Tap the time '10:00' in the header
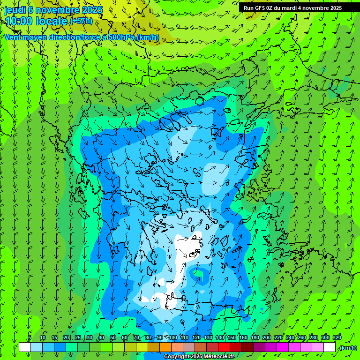19,21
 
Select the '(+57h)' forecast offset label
81,21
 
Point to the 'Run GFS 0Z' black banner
299,7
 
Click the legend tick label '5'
30,338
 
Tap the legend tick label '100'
173,338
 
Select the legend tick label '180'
255,338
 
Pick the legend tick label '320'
337,338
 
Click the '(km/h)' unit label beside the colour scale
347,348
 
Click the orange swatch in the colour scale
165,348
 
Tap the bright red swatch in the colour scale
224,348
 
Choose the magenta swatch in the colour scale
283,348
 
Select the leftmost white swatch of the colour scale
25,348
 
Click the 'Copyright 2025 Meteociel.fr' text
199,357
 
